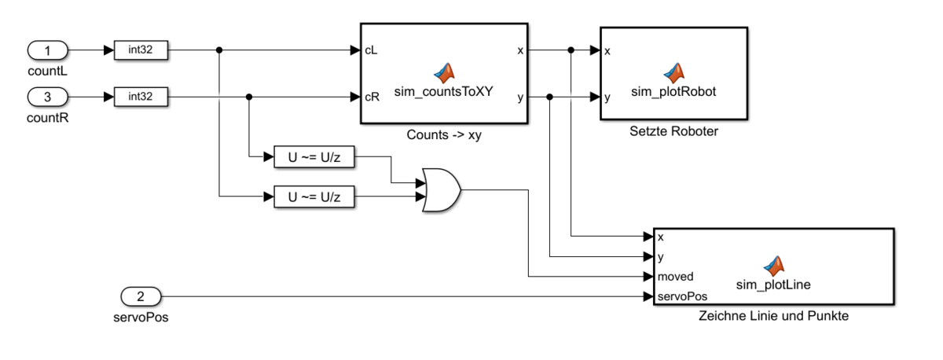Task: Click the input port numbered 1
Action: click(x=47, y=51)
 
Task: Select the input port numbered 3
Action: click(x=47, y=97)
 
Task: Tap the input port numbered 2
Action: click(x=141, y=296)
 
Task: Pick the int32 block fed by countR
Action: click(x=141, y=97)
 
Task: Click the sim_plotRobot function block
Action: click(x=673, y=72)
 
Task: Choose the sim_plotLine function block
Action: click(x=773, y=266)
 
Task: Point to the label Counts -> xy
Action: click(x=444, y=134)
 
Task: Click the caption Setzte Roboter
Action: click(x=673, y=130)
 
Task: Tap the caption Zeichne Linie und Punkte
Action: click(x=773, y=317)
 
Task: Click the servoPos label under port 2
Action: click(x=141, y=318)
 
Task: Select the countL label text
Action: click(x=47, y=72)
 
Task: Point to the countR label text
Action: click(x=47, y=119)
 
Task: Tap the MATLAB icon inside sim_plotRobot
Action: click(x=673, y=73)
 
